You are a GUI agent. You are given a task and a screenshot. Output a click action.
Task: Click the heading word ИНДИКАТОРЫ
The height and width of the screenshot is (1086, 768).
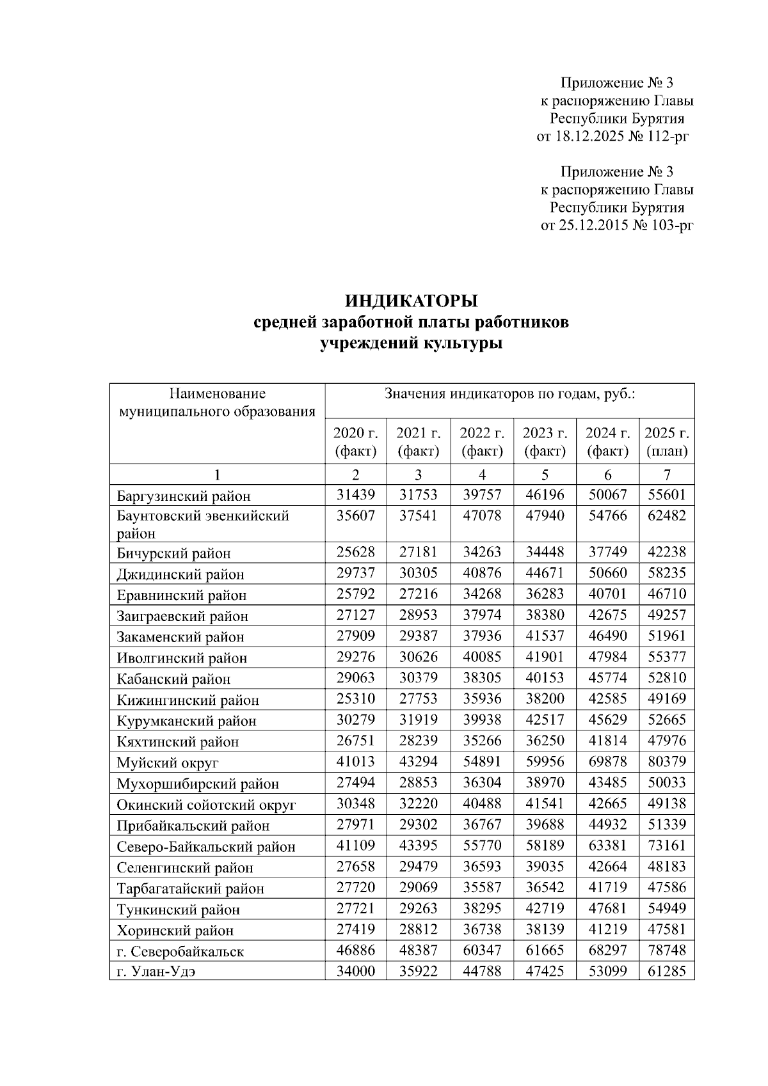[x=412, y=301]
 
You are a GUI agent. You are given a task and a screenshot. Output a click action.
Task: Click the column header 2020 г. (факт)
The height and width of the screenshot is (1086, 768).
[x=356, y=442]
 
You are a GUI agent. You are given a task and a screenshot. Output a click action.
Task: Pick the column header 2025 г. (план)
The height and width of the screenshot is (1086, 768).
[x=667, y=442]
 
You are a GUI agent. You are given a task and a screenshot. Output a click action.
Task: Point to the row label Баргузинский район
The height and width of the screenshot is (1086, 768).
[x=184, y=496]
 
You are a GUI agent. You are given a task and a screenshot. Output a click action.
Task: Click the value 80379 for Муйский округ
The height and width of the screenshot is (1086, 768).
[x=667, y=762]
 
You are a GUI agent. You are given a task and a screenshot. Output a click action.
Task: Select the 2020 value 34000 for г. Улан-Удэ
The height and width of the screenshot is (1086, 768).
[x=356, y=972]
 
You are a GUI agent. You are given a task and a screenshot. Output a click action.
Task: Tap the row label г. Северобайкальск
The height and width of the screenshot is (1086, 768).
[x=180, y=951]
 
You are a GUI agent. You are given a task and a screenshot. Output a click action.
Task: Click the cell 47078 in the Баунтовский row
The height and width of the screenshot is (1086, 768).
[x=482, y=515]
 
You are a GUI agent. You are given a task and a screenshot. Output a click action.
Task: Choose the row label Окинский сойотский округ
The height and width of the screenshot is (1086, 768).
[x=206, y=805]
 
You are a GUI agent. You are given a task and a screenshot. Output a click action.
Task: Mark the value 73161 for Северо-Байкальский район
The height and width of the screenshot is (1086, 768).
[x=667, y=846]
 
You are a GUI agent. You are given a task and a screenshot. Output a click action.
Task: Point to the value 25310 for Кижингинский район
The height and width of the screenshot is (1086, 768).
[x=356, y=699]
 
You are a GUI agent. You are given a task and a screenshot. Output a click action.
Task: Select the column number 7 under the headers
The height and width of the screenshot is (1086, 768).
[x=667, y=475]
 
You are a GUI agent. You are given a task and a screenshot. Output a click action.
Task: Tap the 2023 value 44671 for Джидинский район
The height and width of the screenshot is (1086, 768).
[x=545, y=573]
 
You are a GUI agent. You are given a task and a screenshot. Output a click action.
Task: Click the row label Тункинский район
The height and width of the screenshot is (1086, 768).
[x=179, y=909]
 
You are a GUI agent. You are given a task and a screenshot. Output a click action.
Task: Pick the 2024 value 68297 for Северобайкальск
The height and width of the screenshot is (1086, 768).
[x=607, y=950]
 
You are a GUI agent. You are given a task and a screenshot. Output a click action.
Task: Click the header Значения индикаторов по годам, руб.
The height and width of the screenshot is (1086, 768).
[x=509, y=394]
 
